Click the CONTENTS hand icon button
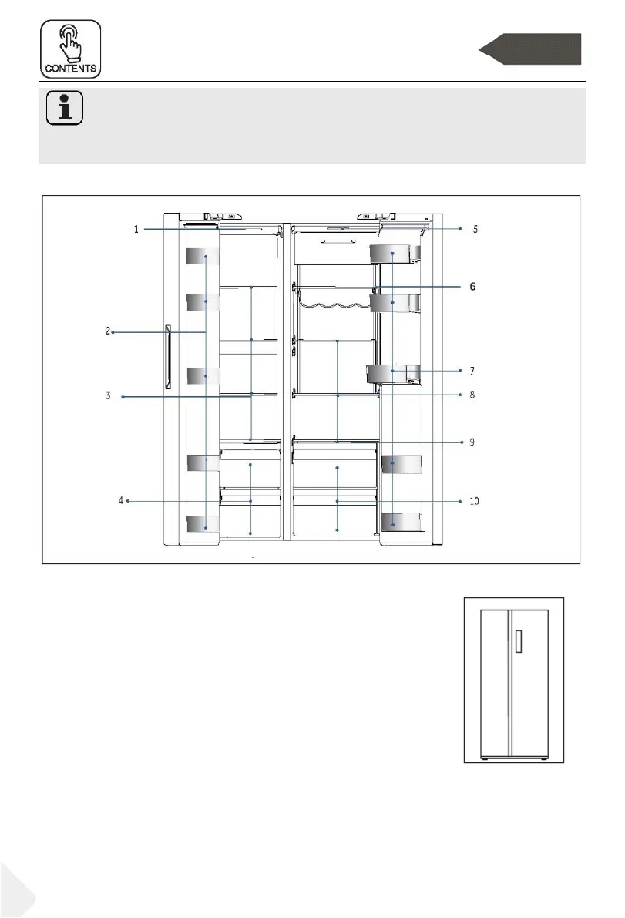(x=70, y=49)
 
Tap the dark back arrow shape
(x=529, y=49)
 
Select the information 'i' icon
(x=65, y=108)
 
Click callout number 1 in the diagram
(x=136, y=229)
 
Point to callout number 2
(x=108, y=331)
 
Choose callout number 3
(x=108, y=395)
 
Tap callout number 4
(x=121, y=500)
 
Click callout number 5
(x=475, y=229)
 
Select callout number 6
(x=473, y=286)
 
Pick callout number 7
(x=472, y=371)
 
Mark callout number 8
(x=472, y=395)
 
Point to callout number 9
(x=472, y=442)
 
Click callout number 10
(x=474, y=500)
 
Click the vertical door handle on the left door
(x=168, y=357)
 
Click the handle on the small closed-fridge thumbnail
(x=519, y=641)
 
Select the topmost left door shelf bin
(x=203, y=257)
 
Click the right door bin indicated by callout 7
(x=393, y=374)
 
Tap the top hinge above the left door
(x=223, y=216)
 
